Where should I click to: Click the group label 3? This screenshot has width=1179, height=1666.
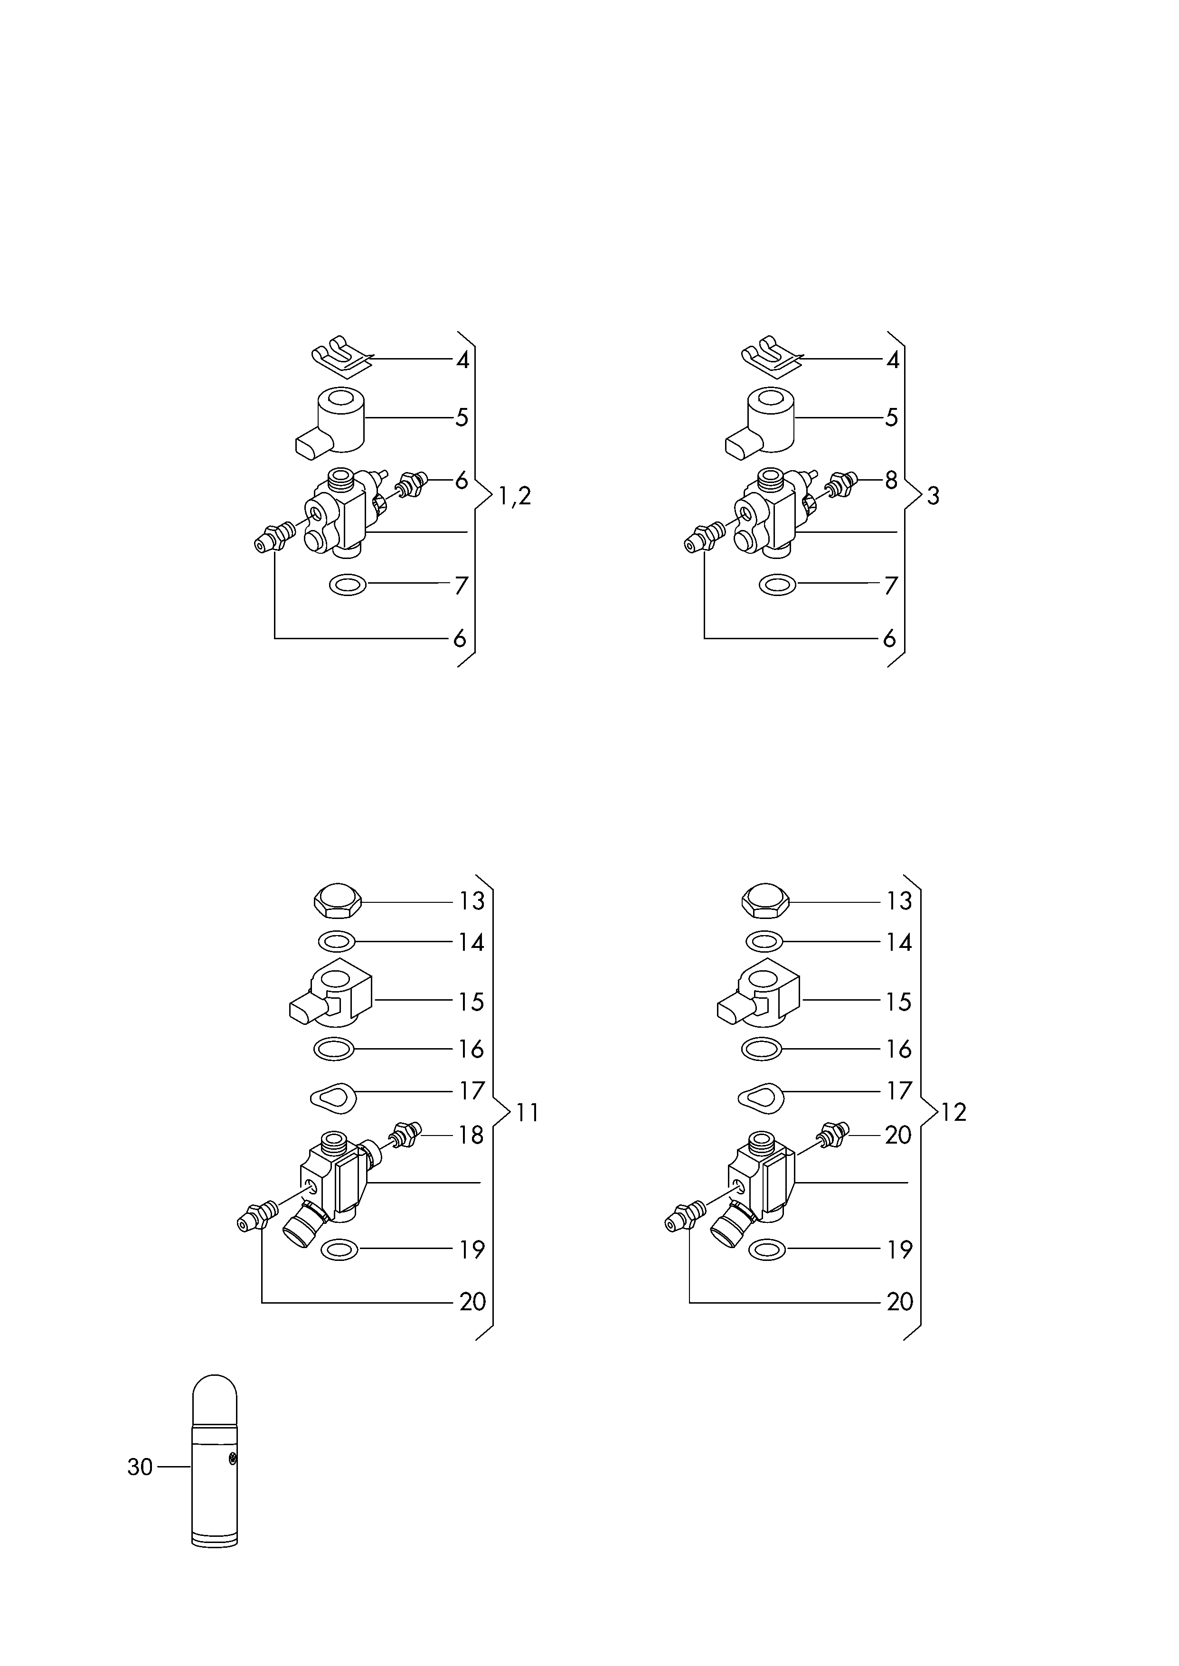933,497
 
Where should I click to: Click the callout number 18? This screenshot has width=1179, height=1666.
471,1136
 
